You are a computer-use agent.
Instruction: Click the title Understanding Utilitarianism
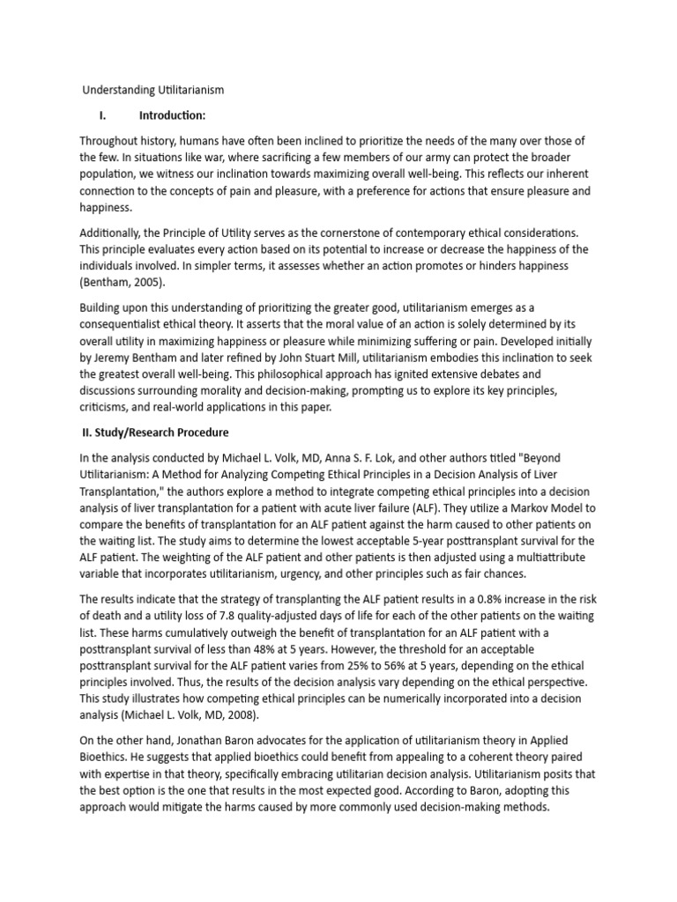pyautogui.click(x=153, y=90)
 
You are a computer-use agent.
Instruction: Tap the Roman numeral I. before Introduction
pyautogui.click(x=103, y=115)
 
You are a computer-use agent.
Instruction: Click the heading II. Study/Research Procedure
pyautogui.click(x=155, y=432)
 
